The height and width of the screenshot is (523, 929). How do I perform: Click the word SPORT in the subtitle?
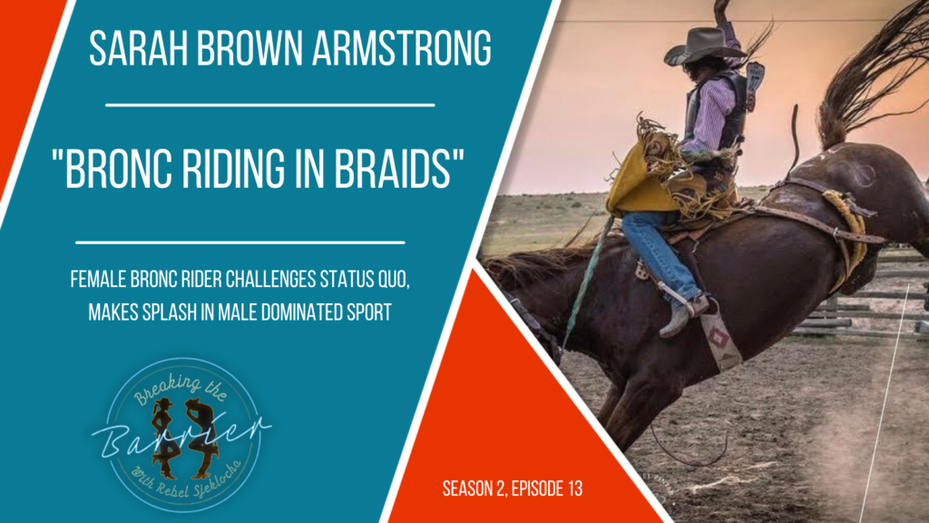(366, 311)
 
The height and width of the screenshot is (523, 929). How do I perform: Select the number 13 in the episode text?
(571, 488)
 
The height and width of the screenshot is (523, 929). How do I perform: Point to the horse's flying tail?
(871, 73)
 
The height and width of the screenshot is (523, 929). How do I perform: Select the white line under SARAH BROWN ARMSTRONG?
(269, 104)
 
